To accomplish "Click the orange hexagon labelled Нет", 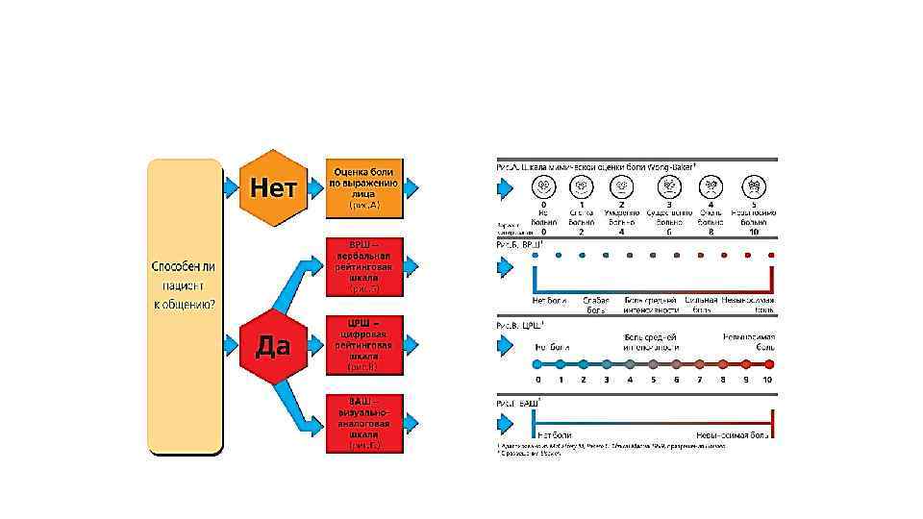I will click(x=272, y=186).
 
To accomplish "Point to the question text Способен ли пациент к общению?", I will click(x=184, y=284).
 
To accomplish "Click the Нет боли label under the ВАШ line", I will click(x=556, y=434).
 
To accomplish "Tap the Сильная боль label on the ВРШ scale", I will click(x=702, y=306).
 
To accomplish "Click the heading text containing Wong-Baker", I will click(x=596, y=164).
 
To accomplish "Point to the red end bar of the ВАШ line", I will click(x=772, y=419).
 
